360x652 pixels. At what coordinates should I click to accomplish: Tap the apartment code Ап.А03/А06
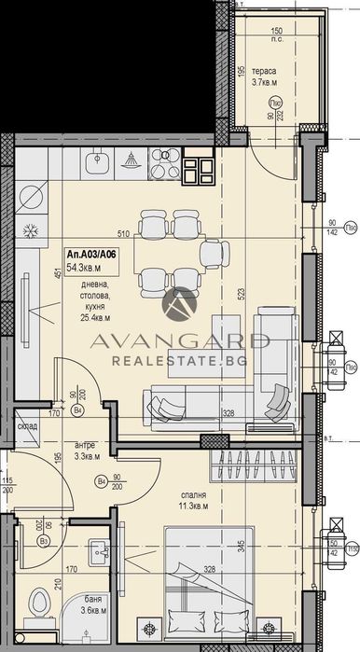pos(92,254)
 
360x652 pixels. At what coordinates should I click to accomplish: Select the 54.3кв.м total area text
pos(82,268)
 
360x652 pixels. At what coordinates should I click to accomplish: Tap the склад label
pos(25,424)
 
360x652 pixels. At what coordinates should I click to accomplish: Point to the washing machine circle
pos(31,197)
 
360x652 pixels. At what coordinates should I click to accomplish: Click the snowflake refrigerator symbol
pos(30,229)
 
